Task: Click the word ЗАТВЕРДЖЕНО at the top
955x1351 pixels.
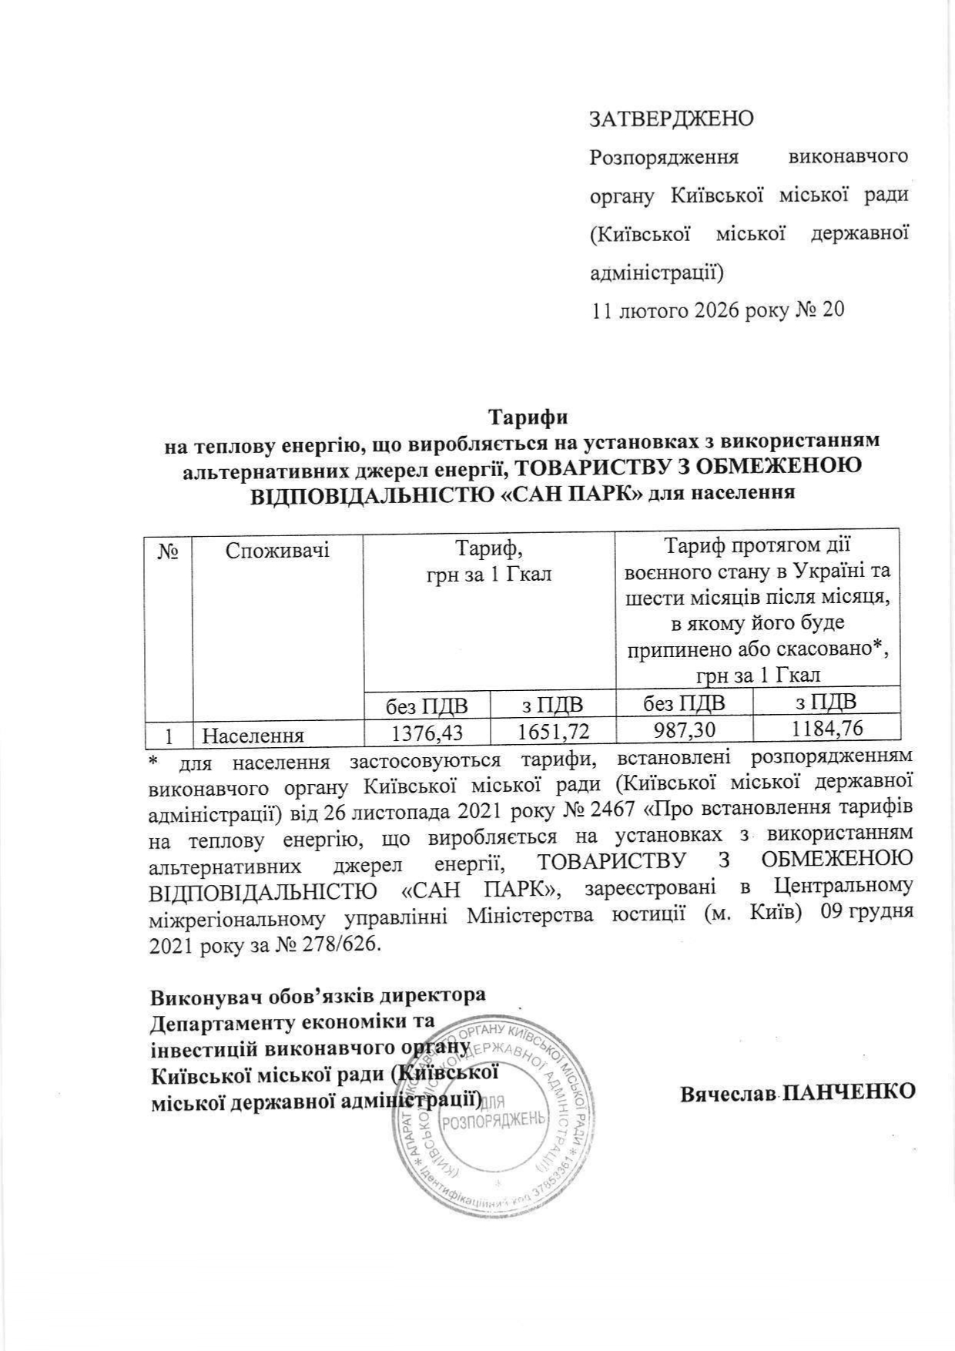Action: coord(671,119)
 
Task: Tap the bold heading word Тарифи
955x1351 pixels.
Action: coord(529,418)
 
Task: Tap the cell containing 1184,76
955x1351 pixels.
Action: coord(826,728)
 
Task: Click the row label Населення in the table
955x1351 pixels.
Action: coord(251,735)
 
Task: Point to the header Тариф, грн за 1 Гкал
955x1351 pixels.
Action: coord(489,562)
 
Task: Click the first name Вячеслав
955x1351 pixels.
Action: coord(729,1093)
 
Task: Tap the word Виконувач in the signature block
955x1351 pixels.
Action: coord(200,994)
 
